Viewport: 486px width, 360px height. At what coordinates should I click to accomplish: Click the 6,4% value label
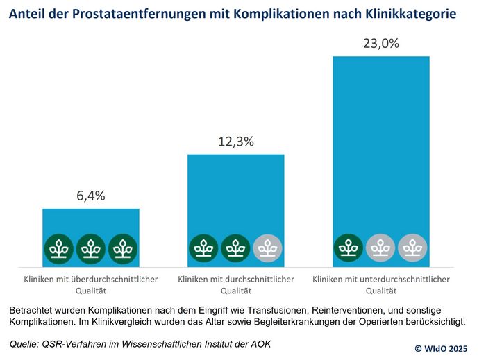pyautogui.click(x=91, y=196)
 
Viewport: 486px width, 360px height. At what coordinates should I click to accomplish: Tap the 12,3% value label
pyautogui.click(x=236, y=142)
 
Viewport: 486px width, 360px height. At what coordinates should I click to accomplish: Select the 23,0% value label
pyautogui.click(x=381, y=43)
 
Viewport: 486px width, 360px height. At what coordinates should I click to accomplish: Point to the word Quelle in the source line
pyautogui.click(x=26, y=343)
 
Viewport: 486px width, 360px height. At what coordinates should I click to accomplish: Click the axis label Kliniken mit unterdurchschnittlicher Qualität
pyautogui.click(x=381, y=285)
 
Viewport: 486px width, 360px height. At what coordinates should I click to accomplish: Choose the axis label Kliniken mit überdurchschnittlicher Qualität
pyautogui.click(x=91, y=285)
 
